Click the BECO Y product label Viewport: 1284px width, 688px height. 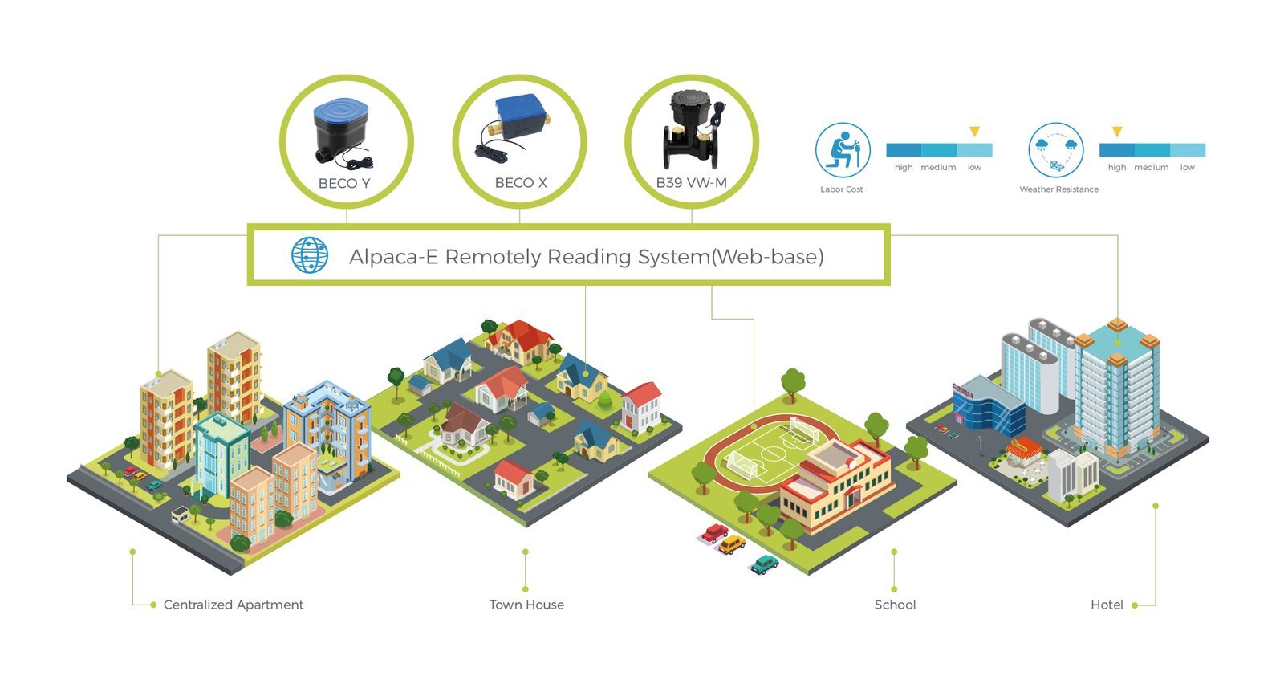tap(344, 183)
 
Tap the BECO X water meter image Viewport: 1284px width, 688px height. tap(519, 124)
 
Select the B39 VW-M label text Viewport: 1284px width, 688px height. tap(691, 182)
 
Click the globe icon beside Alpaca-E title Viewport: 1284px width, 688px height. tap(309, 255)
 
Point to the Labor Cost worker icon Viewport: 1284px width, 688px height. tap(843, 150)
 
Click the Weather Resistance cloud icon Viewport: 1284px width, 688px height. tap(1056, 150)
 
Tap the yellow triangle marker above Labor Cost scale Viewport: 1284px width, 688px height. tap(974, 131)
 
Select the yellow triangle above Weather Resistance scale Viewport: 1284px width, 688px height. tap(1116, 131)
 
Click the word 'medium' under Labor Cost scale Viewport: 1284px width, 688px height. tap(938, 168)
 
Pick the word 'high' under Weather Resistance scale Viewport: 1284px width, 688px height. tap(1116, 168)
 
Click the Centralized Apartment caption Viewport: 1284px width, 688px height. tap(234, 605)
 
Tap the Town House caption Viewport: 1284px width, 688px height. tap(526, 605)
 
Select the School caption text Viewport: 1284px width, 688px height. tap(895, 605)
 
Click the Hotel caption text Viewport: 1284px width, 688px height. tap(1107, 605)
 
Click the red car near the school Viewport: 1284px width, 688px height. tap(714, 533)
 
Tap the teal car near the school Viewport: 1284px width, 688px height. tap(765, 564)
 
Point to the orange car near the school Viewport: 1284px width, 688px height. tap(732, 545)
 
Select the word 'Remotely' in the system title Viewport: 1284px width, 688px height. tap(493, 257)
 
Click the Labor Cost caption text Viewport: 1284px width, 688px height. tap(842, 189)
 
